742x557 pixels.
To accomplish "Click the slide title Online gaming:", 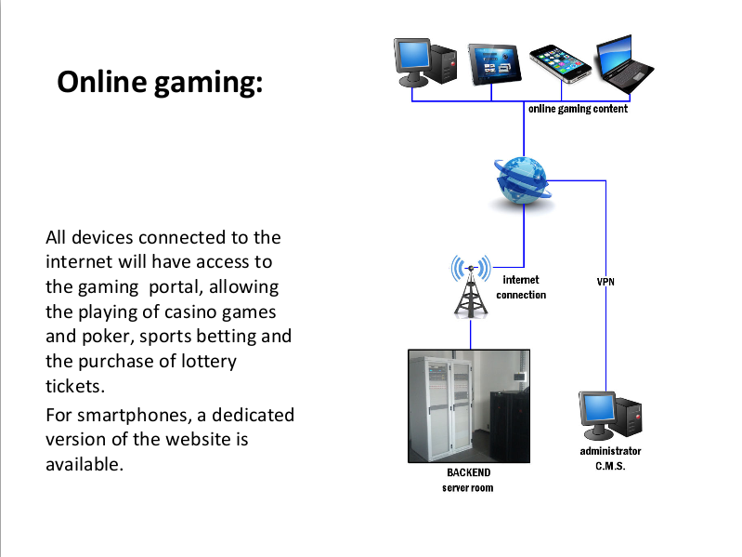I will (x=161, y=82).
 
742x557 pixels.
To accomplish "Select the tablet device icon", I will (x=492, y=63).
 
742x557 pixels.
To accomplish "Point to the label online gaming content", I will (x=578, y=109).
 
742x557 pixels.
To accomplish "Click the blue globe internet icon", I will (x=522, y=180).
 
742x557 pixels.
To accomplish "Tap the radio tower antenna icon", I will (x=471, y=285).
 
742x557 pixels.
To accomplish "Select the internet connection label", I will (x=521, y=286).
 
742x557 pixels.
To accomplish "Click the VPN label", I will (x=605, y=280).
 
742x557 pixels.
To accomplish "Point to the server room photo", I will (x=469, y=405).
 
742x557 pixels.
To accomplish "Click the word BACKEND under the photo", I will (x=469, y=472).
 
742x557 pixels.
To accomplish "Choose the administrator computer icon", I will (x=610, y=417).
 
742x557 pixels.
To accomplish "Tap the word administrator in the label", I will (x=610, y=451).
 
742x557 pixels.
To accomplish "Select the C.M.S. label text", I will (x=610, y=466).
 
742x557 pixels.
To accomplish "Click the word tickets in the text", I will (x=70, y=386).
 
